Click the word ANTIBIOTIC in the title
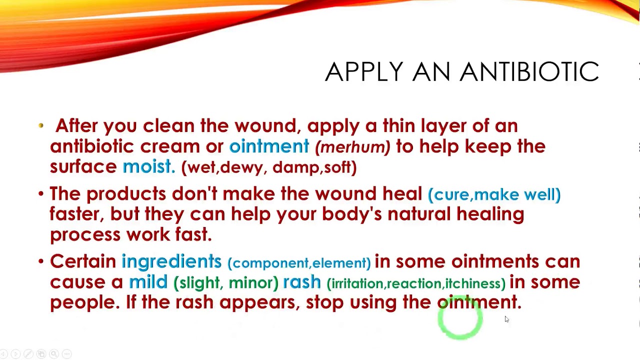[x=529, y=72]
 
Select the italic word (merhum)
[x=352, y=147]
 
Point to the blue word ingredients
[x=171, y=261]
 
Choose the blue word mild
[x=148, y=282]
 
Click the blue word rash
[x=302, y=282]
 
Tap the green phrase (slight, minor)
[x=225, y=283]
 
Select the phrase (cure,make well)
[x=494, y=194]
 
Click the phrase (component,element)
[x=299, y=263]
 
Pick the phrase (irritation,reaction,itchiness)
[x=416, y=283]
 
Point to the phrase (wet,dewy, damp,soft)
[x=269, y=167]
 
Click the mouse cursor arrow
[x=506, y=319]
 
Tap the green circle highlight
[x=460, y=318]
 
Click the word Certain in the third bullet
[x=83, y=261]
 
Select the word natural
[x=419, y=214]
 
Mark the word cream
[x=170, y=146]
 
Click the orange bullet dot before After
[x=41, y=126]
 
